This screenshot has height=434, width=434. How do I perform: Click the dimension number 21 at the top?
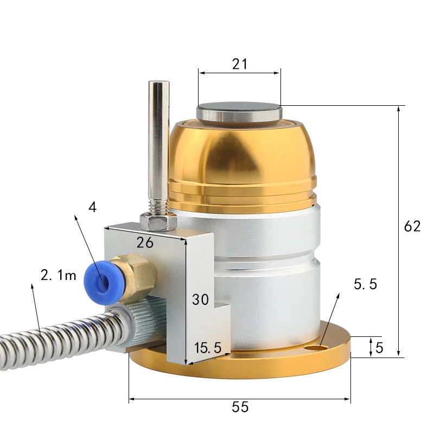[239, 64]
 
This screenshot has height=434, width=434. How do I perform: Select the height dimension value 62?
[412, 226]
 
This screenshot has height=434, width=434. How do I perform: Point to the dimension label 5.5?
[365, 283]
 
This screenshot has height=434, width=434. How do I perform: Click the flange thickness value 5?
[379, 347]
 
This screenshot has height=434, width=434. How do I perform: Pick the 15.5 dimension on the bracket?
[208, 348]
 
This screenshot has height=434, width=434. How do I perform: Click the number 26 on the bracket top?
[145, 242]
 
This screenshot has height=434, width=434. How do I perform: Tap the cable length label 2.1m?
[59, 275]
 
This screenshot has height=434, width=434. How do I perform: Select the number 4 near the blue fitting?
[93, 207]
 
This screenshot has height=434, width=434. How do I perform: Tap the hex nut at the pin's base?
[158, 220]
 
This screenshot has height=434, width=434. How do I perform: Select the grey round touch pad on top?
[239, 111]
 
